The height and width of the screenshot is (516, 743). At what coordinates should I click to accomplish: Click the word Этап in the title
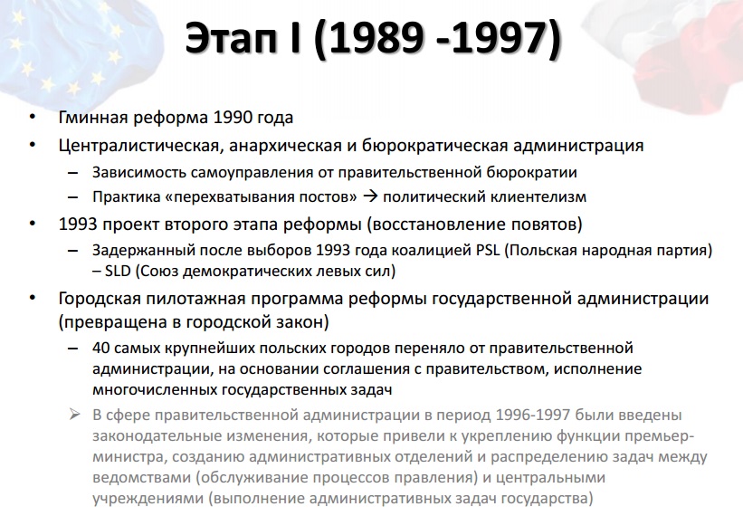pos(230,38)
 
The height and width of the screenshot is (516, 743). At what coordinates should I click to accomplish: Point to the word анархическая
pos(286,146)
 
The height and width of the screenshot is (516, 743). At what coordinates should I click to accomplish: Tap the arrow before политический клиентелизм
pos(369,196)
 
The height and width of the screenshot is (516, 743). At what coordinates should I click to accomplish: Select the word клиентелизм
pos(538,196)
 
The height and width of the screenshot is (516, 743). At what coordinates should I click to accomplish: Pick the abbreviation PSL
pos(488,250)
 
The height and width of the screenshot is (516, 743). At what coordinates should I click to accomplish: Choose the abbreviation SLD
pos(118,271)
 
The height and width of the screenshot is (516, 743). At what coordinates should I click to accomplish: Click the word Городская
pos(100,299)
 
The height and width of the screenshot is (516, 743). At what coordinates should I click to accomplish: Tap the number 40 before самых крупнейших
pos(101,348)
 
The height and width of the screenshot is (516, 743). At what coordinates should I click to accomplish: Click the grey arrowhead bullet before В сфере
pos(74,415)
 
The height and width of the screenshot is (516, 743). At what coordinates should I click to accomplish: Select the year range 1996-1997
pos(533,416)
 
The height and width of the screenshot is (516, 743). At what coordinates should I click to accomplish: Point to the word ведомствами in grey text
pos(142,478)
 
